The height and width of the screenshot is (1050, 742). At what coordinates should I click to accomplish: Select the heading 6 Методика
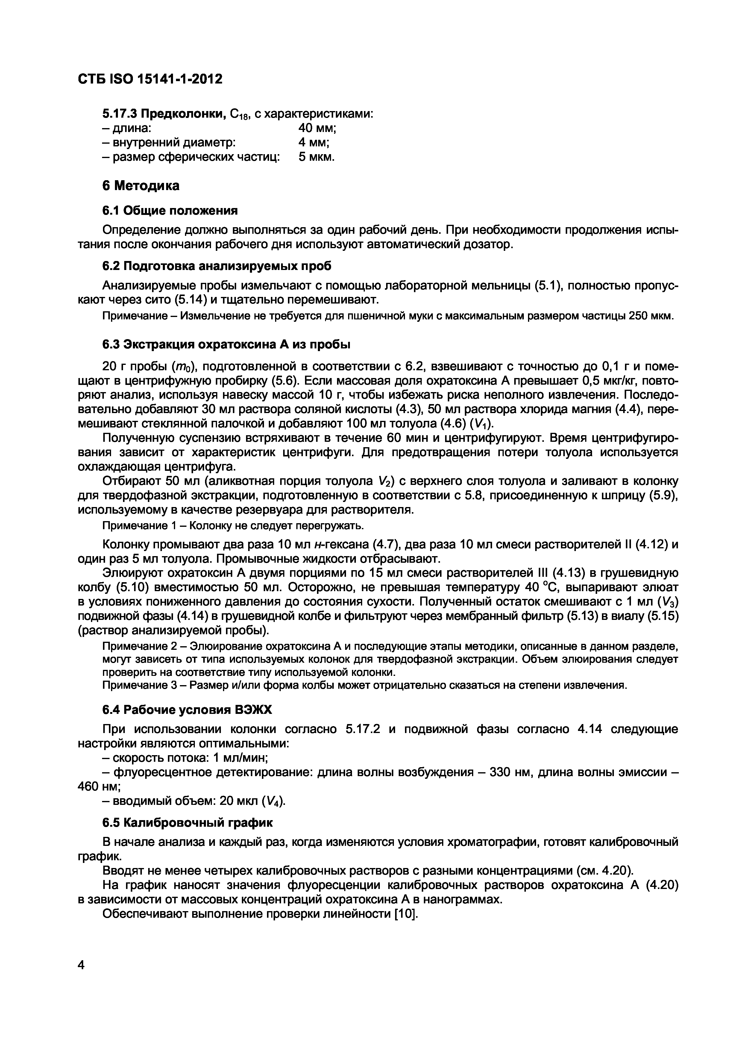coord(140,186)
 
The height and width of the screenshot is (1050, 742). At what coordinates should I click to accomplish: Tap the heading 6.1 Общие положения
coord(170,210)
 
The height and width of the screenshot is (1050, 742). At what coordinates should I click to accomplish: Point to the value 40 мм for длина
coord(317,128)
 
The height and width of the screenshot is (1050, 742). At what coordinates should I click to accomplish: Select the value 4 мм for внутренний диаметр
coord(314,143)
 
